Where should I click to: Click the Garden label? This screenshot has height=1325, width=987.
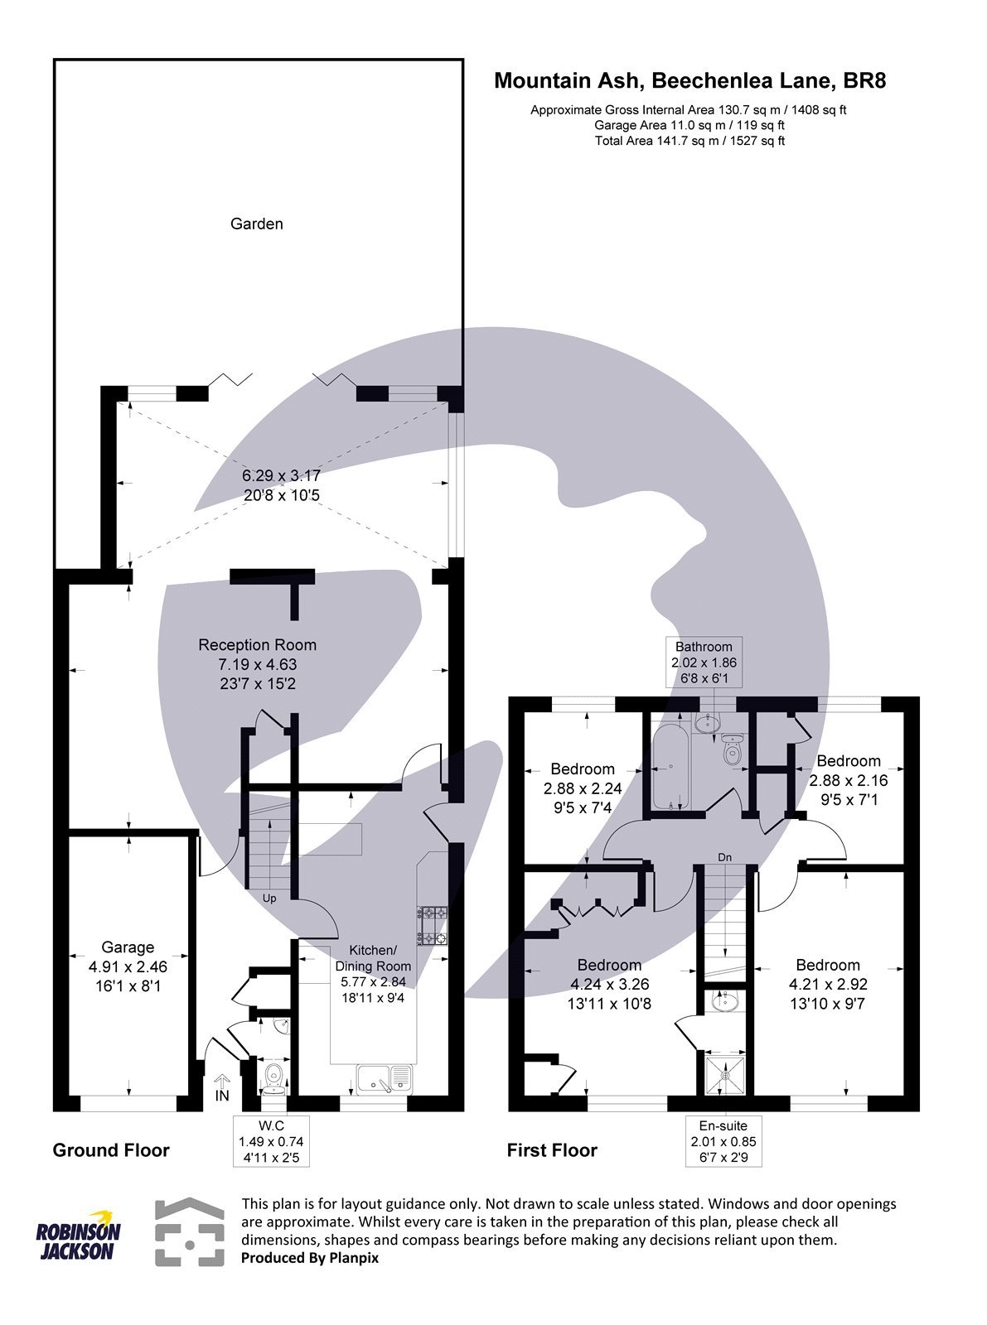pos(256,224)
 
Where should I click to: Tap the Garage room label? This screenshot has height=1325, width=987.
pos(128,966)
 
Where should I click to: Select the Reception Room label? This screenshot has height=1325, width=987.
pos(257,663)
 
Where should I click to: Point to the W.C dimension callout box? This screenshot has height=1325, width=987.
pos(272,1141)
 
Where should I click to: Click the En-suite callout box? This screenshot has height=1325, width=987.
pos(723,1141)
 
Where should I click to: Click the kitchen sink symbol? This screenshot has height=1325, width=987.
pos(385,1079)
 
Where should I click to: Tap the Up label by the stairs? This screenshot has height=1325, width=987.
pos(269,898)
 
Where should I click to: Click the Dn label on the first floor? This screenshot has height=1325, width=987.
pos(725,856)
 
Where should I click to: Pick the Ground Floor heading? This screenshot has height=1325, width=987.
pos(111,1150)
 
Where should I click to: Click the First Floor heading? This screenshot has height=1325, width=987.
pos(552,1150)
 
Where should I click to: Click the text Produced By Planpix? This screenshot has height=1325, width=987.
pos(310,1258)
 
